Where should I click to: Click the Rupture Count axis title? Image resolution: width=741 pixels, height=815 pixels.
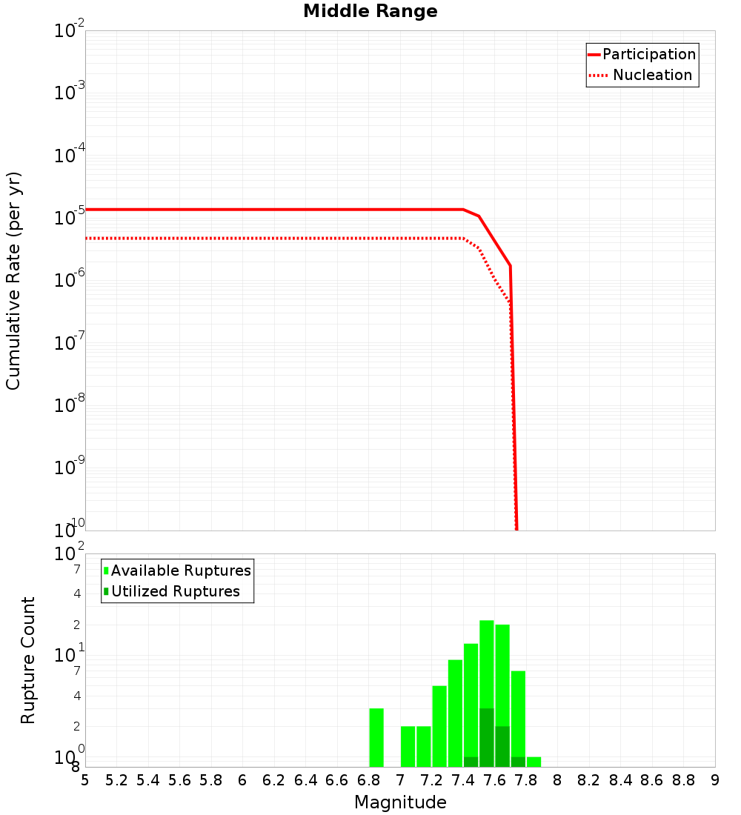(28, 659)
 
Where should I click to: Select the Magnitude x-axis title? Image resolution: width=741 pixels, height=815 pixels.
(400, 802)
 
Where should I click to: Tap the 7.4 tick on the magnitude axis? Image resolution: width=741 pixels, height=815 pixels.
(463, 780)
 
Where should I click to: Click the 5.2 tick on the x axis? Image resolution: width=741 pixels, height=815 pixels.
(116, 780)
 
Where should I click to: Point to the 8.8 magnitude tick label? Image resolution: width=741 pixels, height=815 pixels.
(683, 780)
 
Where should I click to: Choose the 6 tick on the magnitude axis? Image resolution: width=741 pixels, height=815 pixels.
(242, 780)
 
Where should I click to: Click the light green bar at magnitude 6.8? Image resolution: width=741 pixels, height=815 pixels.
(376, 737)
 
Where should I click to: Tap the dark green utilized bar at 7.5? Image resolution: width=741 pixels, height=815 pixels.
(487, 737)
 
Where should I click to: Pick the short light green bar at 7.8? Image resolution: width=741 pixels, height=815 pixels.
(534, 762)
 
